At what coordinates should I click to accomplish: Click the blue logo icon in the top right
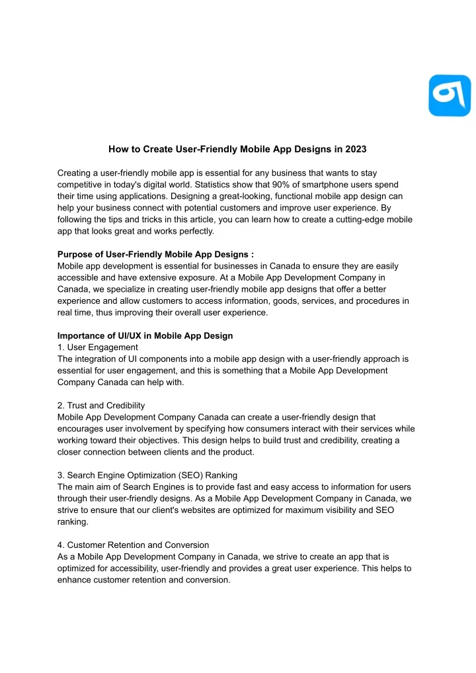tap(449, 95)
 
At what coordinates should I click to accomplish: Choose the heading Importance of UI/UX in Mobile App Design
tap(145, 336)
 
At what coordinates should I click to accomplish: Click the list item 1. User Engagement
tap(98, 347)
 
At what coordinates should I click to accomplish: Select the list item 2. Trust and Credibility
tap(101, 405)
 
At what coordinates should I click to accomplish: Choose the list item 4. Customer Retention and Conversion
tap(134, 545)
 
